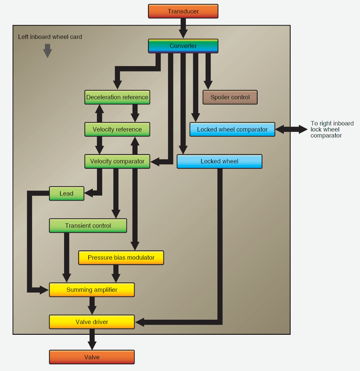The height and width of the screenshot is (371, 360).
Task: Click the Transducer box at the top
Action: pos(183,11)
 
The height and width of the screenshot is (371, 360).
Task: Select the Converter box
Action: pos(183,46)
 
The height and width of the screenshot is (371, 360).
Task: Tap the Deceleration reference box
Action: pos(117,97)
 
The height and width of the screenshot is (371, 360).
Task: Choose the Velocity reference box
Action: pos(117,129)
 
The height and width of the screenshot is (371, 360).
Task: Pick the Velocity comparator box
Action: pos(117,161)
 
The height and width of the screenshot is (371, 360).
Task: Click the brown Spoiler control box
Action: pos(230,97)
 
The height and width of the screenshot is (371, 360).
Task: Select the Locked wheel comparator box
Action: pos(232,129)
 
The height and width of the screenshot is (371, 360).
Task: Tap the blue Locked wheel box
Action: pos(219,161)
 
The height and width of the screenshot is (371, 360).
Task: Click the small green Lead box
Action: pos(66,194)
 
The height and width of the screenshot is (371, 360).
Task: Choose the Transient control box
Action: pos(88,226)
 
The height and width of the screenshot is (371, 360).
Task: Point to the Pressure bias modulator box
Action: pos(121,258)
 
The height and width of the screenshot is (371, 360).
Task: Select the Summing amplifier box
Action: pos(92,290)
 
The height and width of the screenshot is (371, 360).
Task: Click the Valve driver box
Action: pos(92,322)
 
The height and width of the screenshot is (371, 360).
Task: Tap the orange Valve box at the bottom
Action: pos(92,357)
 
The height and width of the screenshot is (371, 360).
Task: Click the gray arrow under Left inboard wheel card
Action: pos(48,51)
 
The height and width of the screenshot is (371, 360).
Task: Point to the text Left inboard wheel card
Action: pos(50,37)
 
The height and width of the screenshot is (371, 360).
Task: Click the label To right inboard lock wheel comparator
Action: pos(331,129)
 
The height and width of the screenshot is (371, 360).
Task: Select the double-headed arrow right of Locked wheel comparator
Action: pos(291,129)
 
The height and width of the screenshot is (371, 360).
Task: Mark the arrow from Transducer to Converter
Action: pos(183,28)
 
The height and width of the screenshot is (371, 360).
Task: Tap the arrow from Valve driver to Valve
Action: pos(92,339)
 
